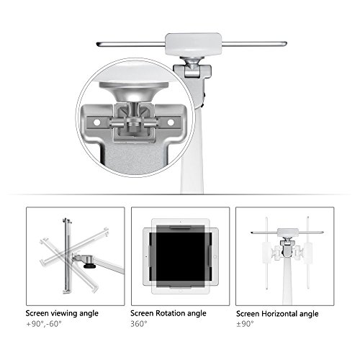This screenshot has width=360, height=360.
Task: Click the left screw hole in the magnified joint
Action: coord(97,122)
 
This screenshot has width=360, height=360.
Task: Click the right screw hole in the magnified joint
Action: coord(171,122)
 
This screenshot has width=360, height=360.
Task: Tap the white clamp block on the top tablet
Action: coord(193,45)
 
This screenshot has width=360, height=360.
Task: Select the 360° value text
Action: coord(139,324)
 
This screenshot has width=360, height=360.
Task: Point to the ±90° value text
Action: coord(245,324)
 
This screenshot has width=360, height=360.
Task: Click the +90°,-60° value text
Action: coord(44,324)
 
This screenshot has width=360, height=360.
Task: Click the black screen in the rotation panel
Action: coord(181,256)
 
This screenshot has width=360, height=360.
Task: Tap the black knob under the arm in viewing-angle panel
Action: coord(89,266)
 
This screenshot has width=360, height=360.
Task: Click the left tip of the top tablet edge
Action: coord(96,44)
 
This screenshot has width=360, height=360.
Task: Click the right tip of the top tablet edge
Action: coord(287,44)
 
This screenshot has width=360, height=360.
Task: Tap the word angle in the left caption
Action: coord(89,314)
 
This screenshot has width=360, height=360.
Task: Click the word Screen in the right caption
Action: coord(248,314)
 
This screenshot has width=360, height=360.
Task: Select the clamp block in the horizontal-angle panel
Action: coord(288,233)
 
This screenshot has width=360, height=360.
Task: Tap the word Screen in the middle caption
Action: coord(142,313)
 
